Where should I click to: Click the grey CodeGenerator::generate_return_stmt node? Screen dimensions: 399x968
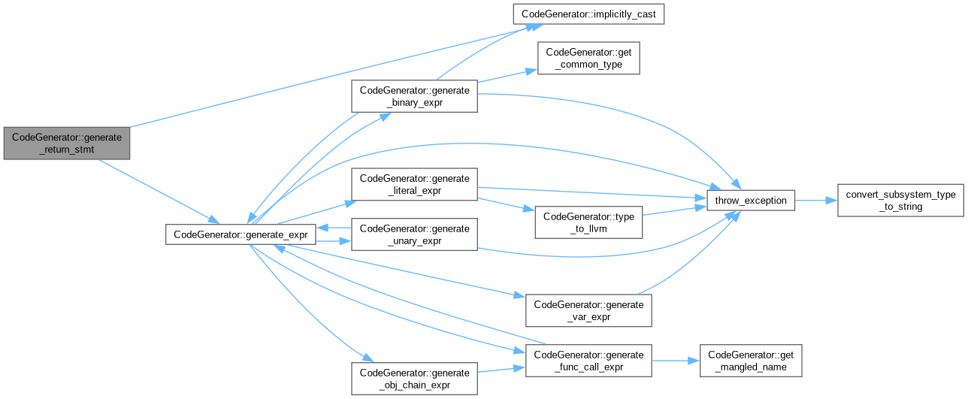pyautogui.click(x=66, y=143)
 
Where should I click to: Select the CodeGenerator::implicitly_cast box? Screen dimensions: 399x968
pyautogui.click(x=588, y=14)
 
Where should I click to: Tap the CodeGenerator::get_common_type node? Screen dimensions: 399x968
pyautogui.click(x=588, y=59)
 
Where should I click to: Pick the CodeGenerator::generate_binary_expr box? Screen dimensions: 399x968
pyautogui.click(x=414, y=97)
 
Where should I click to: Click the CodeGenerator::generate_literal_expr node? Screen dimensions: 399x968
pyautogui.click(x=414, y=185)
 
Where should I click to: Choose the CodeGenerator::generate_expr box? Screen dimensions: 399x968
pyautogui.click(x=240, y=234)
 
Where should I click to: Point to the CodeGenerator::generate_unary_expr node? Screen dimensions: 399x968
pyautogui.click(x=414, y=234)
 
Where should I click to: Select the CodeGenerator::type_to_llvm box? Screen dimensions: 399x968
pyautogui.click(x=588, y=222)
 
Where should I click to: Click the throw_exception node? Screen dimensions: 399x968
pyautogui.click(x=751, y=201)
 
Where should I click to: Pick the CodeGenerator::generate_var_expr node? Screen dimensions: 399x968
pyautogui.click(x=588, y=311)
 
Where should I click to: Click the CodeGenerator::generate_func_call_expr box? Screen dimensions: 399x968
pyautogui.click(x=588, y=361)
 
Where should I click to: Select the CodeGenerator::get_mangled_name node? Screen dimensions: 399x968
pyautogui.click(x=751, y=361)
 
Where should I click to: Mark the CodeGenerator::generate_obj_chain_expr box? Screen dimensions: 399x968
pyautogui.click(x=414, y=379)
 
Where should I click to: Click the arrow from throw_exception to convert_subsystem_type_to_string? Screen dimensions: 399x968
pyautogui.click(x=815, y=201)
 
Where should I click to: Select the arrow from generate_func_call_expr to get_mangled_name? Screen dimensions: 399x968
pyautogui.click(x=675, y=361)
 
